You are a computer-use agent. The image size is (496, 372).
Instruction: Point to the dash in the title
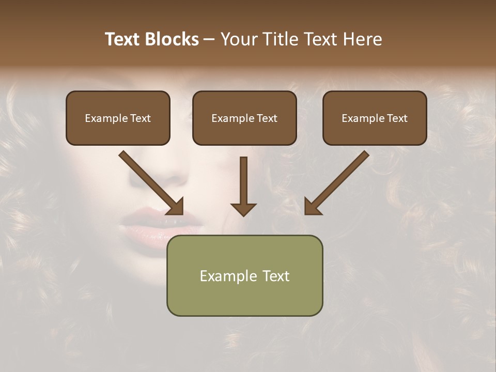click(x=209, y=39)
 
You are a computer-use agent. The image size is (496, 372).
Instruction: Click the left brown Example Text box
click(x=118, y=118)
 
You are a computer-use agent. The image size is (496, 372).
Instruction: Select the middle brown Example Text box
click(x=244, y=118)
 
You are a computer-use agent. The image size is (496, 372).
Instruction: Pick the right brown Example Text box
click(x=375, y=118)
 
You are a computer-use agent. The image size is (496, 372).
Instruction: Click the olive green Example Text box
click(x=244, y=275)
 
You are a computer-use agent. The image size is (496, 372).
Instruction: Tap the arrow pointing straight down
click(x=243, y=186)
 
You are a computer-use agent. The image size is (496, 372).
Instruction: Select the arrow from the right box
click(x=337, y=182)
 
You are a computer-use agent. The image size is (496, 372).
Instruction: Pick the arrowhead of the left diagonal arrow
click(x=176, y=207)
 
